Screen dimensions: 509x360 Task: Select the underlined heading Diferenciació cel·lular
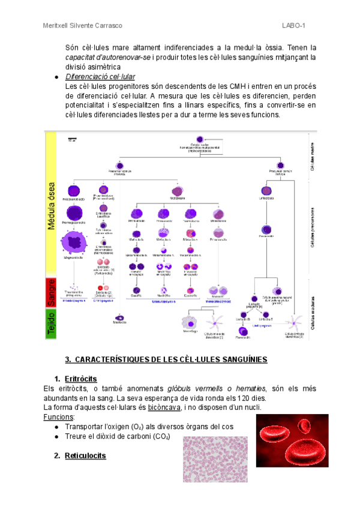(100, 77)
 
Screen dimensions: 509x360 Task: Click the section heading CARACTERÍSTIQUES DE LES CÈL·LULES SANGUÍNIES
(166, 359)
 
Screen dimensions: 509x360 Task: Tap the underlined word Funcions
(59, 417)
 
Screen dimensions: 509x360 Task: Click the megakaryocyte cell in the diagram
(74, 244)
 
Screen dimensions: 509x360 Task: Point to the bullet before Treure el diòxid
(56, 436)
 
